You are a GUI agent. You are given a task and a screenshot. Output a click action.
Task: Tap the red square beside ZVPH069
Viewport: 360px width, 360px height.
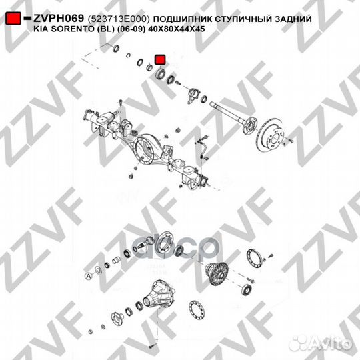(x=13, y=21)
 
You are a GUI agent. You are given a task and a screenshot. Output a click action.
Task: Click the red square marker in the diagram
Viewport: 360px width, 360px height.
(x=159, y=60)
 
